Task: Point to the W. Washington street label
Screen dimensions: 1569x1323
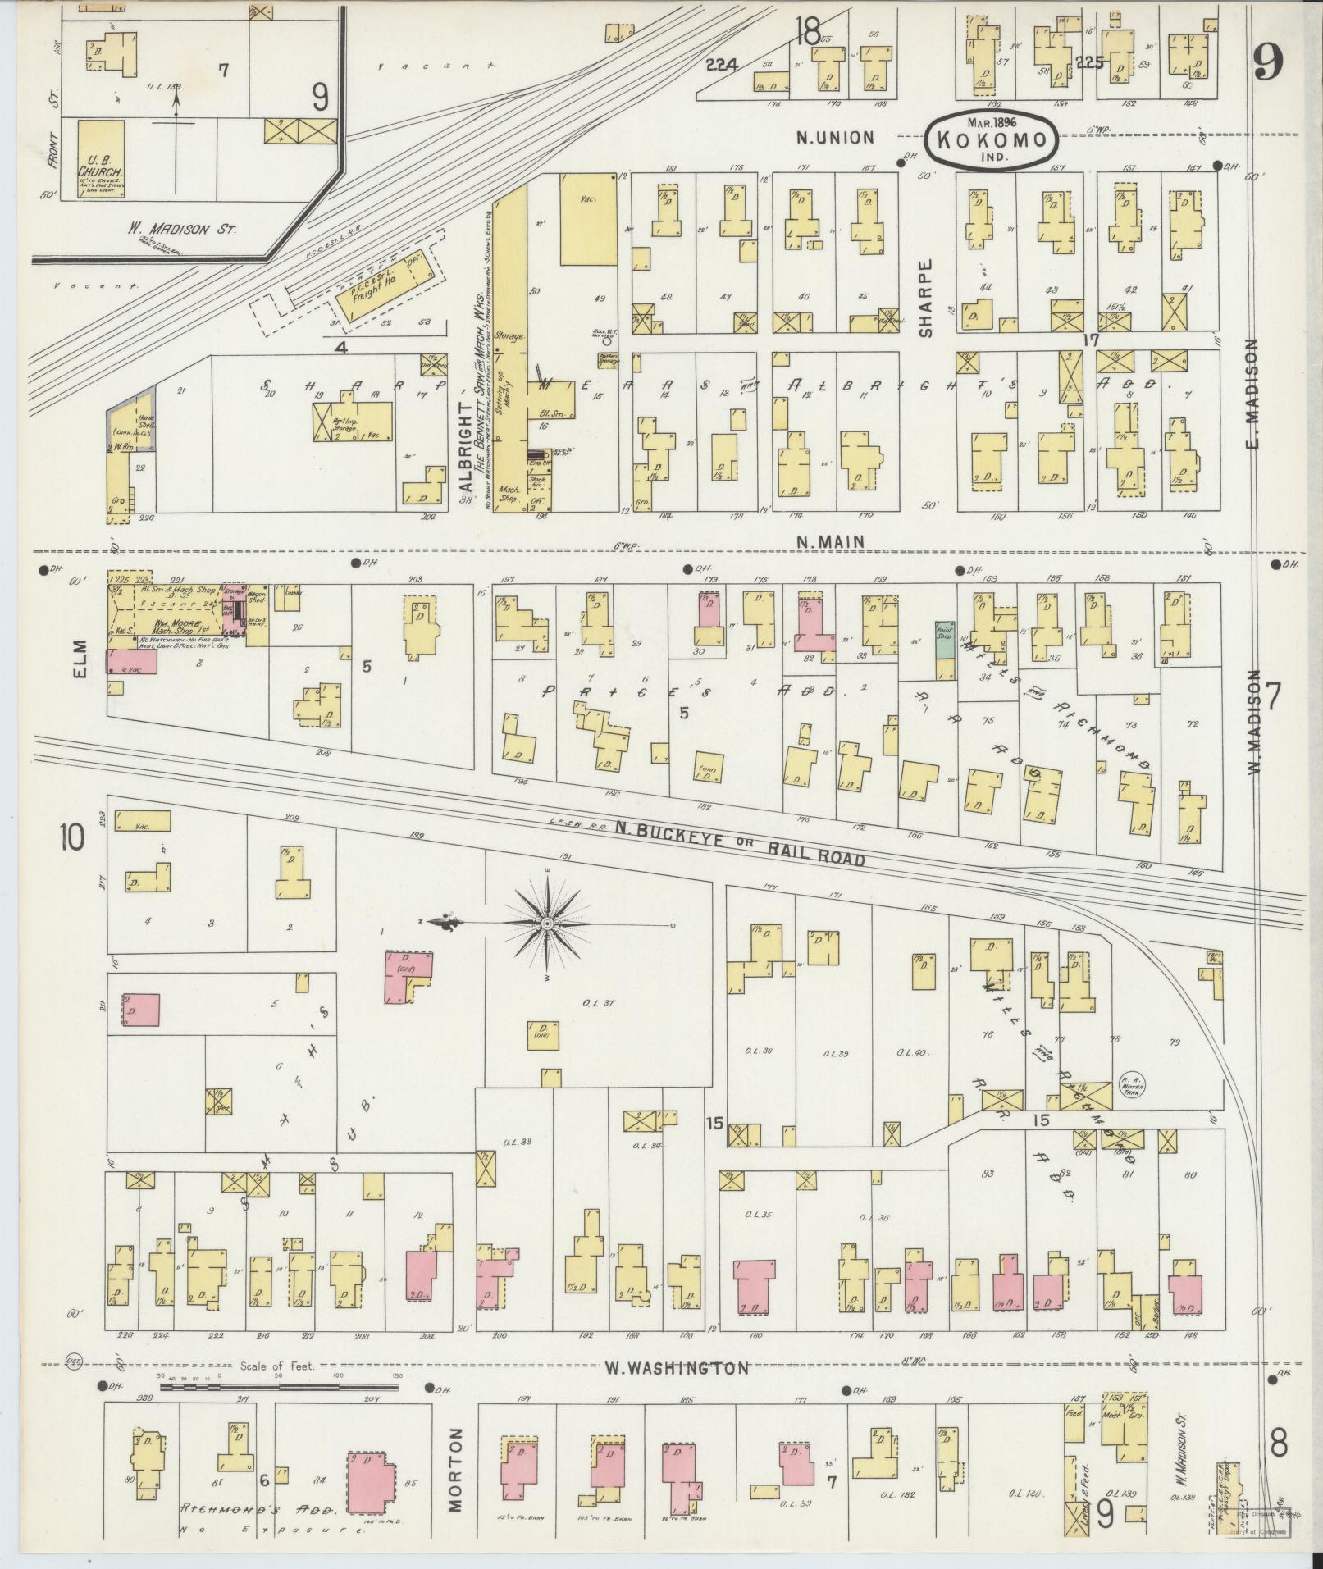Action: click(x=677, y=1367)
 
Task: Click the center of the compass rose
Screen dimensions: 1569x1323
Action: click(x=546, y=924)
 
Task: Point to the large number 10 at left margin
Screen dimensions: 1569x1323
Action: click(x=71, y=838)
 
